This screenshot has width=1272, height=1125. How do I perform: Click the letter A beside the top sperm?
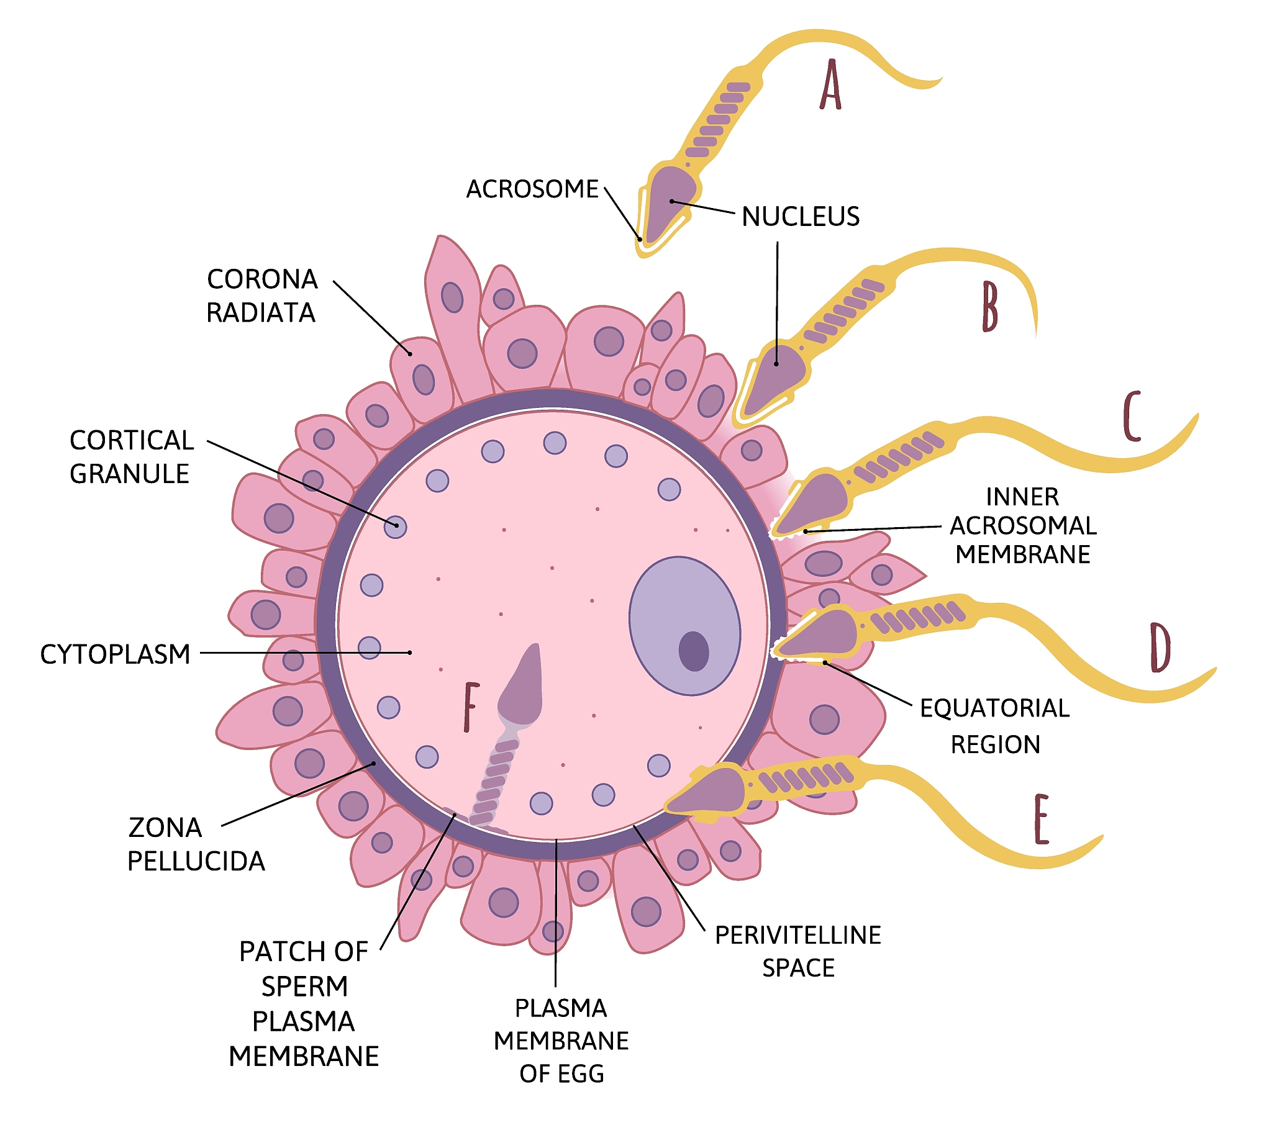[x=830, y=85]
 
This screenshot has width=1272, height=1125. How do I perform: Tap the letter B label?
[x=989, y=306]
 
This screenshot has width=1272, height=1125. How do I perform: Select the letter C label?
[x=1132, y=415]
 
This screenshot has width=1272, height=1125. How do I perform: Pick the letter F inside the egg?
[x=471, y=707]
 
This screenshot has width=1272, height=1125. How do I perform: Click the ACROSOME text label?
[x=533, y=189]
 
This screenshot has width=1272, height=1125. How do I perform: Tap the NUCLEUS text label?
[x=801, y=217]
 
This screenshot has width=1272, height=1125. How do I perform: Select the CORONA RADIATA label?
[x=262, y=296]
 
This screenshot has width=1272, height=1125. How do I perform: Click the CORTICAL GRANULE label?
[x=131, y=457]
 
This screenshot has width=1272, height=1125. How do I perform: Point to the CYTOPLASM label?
[x=115, y=654]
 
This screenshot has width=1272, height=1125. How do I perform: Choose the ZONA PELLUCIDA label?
[x=196, y=844]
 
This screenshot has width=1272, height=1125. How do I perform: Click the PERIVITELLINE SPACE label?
[x=799, y=951]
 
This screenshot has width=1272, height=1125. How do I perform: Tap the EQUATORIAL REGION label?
[x=995, y=726]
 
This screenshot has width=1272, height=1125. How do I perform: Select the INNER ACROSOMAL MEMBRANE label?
[x=1023, y=526]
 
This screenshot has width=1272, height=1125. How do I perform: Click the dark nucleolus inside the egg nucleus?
[x=694, y=651]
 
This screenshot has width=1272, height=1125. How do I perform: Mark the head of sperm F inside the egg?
[x=522, y=685]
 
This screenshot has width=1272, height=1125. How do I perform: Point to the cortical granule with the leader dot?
[x=395, y=527]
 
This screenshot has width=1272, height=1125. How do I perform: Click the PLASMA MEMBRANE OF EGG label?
[x=561, y=1041]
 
